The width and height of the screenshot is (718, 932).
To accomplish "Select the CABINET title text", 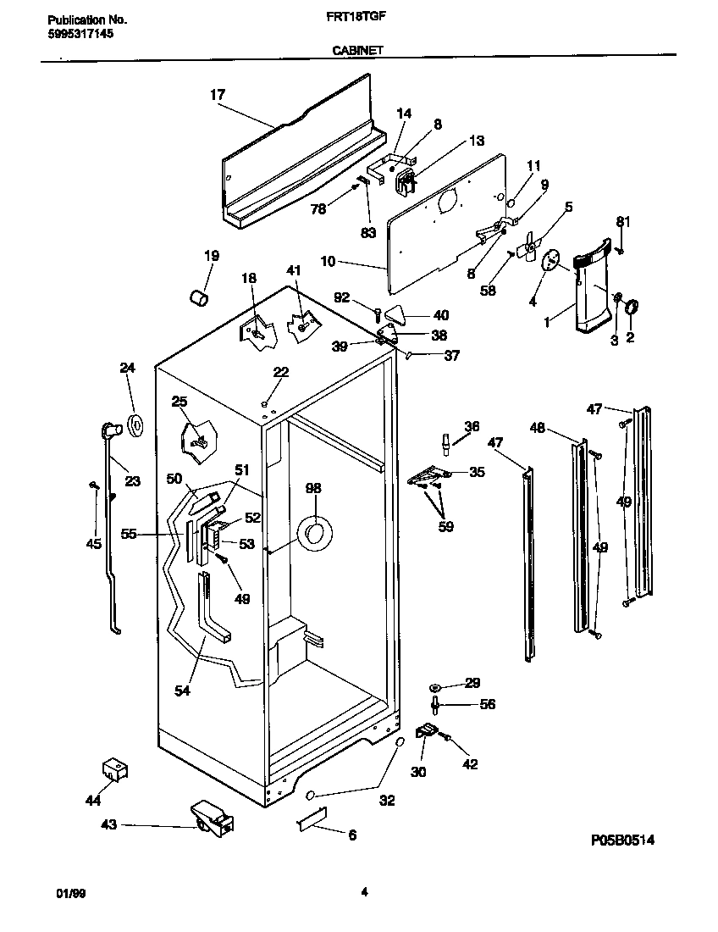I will [359, 51].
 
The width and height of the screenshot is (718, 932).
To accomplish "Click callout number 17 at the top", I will [218, 95].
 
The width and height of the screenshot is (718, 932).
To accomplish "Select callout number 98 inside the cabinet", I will [313, 489].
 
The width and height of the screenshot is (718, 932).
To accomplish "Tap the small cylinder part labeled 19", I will [199, 298].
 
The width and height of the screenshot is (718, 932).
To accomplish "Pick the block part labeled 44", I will [113, 769].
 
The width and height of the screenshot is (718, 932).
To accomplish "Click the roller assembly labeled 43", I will [212, 818].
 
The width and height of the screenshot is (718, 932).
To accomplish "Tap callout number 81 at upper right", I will [623, 222].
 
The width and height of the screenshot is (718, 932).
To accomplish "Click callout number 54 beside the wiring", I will [182, 691].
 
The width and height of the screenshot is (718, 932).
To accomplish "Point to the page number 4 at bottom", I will [363, 891].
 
